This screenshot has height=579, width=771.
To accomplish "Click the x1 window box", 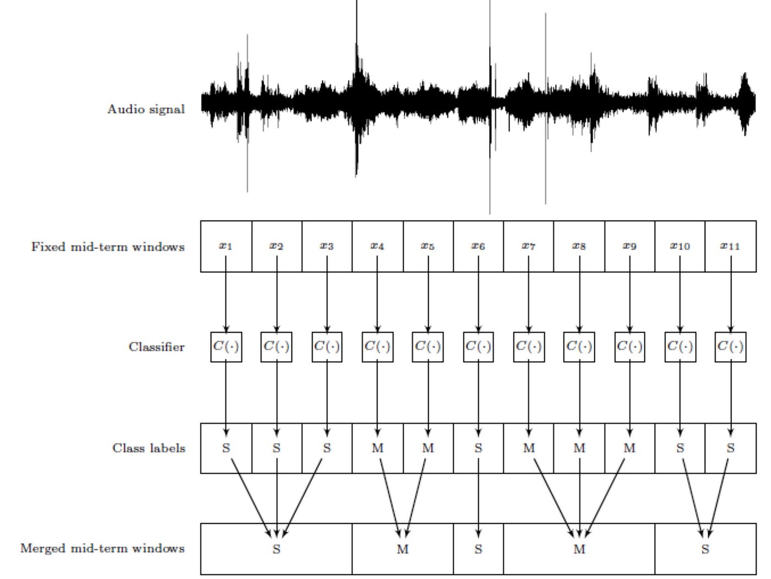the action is coord(226,246).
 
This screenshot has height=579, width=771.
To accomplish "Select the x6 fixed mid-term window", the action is coord(478,246).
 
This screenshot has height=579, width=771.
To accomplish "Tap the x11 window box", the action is coord(730,246).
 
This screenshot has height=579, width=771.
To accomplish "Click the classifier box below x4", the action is coord(377,347).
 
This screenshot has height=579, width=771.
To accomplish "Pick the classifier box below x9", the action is coord(629,347).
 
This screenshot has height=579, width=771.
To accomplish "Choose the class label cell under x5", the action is coord(428,448).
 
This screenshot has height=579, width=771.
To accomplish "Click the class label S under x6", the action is coord(478,448).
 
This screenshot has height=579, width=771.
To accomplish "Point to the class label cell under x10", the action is coord(680,448).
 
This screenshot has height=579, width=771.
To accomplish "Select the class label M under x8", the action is coord(579,448).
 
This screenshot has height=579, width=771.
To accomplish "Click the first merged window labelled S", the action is coord(276,549).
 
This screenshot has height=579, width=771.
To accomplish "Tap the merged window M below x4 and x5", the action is coord(403,549).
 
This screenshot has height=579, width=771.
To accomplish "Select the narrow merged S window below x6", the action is coord(478,549).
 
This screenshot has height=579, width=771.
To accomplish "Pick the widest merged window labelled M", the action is coord(579,549).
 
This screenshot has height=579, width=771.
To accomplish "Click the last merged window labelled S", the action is coord(705,549).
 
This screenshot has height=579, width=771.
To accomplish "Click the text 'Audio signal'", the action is coord(146,109).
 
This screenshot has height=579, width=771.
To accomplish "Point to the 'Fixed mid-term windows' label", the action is coord(108,247).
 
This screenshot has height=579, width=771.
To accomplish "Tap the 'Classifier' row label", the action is coord(156,347).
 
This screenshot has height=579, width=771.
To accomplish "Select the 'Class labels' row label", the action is coord(149,448).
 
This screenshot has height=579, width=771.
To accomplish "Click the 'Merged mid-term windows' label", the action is coord(102,548).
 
